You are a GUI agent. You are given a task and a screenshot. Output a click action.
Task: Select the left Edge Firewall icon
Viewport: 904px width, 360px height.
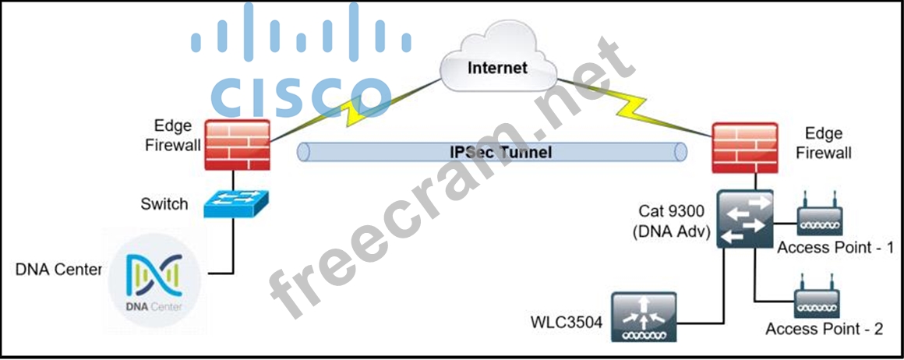tap(237, 144)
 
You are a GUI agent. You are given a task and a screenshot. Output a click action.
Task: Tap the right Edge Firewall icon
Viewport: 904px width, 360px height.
tap(745, 148)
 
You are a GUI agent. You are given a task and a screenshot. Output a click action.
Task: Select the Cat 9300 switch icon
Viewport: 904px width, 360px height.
tap(745, 219)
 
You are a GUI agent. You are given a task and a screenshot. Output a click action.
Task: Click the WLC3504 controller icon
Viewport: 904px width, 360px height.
tap(646, 316)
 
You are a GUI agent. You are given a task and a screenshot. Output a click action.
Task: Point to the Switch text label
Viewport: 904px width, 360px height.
tap(164, 204)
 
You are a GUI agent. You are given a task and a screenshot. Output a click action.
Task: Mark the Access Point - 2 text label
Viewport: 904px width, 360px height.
tap(825, 329)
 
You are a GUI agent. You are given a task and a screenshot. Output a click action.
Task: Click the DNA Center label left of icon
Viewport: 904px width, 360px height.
tap(58, 270)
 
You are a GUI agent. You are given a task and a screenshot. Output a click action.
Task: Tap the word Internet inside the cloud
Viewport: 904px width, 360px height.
tap(497, 67)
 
